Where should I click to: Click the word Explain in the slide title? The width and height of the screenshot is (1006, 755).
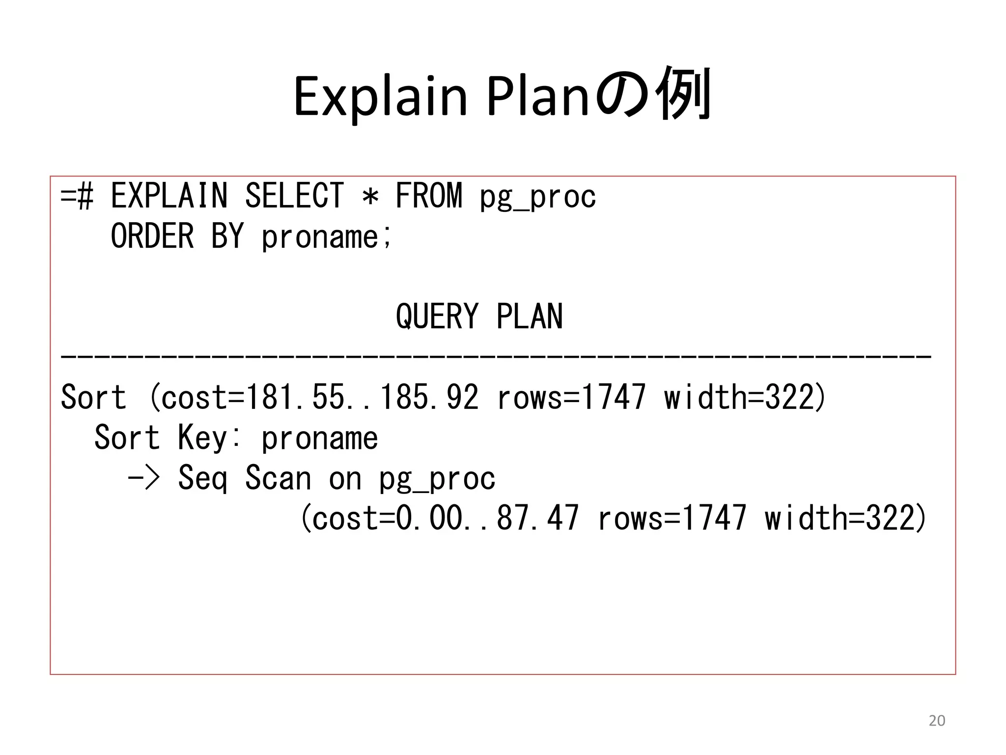380,96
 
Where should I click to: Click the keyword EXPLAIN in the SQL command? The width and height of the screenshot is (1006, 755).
169,196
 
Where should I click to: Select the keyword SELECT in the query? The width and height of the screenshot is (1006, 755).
294,196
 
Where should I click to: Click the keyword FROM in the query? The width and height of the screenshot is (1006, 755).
429,196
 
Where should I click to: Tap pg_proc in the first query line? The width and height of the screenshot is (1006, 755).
538,198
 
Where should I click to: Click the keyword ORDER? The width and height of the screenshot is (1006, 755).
152,236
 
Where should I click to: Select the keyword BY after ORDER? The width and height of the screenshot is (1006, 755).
227,236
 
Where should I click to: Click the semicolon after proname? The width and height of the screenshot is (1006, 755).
387,239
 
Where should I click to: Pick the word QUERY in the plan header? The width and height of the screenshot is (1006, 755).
437,317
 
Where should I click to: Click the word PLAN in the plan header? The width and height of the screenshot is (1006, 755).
530,317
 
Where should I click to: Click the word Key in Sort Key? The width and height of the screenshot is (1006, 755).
202,437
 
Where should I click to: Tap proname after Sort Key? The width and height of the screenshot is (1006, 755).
320,438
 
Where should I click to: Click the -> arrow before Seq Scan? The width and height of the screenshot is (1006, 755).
144,478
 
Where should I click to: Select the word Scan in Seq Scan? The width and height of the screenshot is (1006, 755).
278,478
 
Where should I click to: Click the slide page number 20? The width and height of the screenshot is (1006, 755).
937,721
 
